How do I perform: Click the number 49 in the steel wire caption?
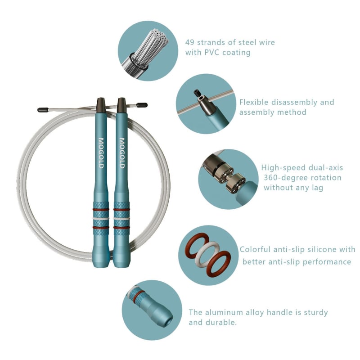pyautogui.click(x=190, y=42)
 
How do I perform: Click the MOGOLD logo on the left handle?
pyautogui.click(x=101, y=153)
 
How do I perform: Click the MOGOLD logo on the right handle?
pyautogui.click(x=121, y=153)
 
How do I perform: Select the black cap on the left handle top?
pyautogui.click(x=101, y=105)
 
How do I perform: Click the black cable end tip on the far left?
pyautogui.click(x=43, y=110)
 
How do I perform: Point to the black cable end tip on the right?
pyautogui.click(x=142, y=105)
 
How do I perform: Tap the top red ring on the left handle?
pyautogui.click(x=101, y=209)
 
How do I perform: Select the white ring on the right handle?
pyautogui.click(x=121, y=218)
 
